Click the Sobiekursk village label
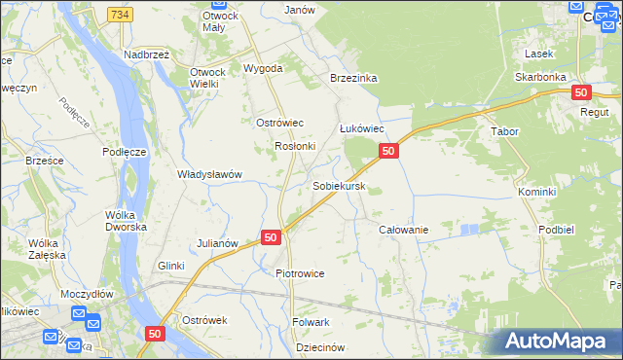[x=339, y=185]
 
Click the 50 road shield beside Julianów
[x=271, y=237]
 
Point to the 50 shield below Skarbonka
[x=581, y=92]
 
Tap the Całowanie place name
[x=403, y=230]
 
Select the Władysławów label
[x=208, y=175]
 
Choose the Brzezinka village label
[x=352, y=79]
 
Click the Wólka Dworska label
[x=127, y=220]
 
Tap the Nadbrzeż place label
[x=147, y=55]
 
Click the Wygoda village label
[x=263, y=69]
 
